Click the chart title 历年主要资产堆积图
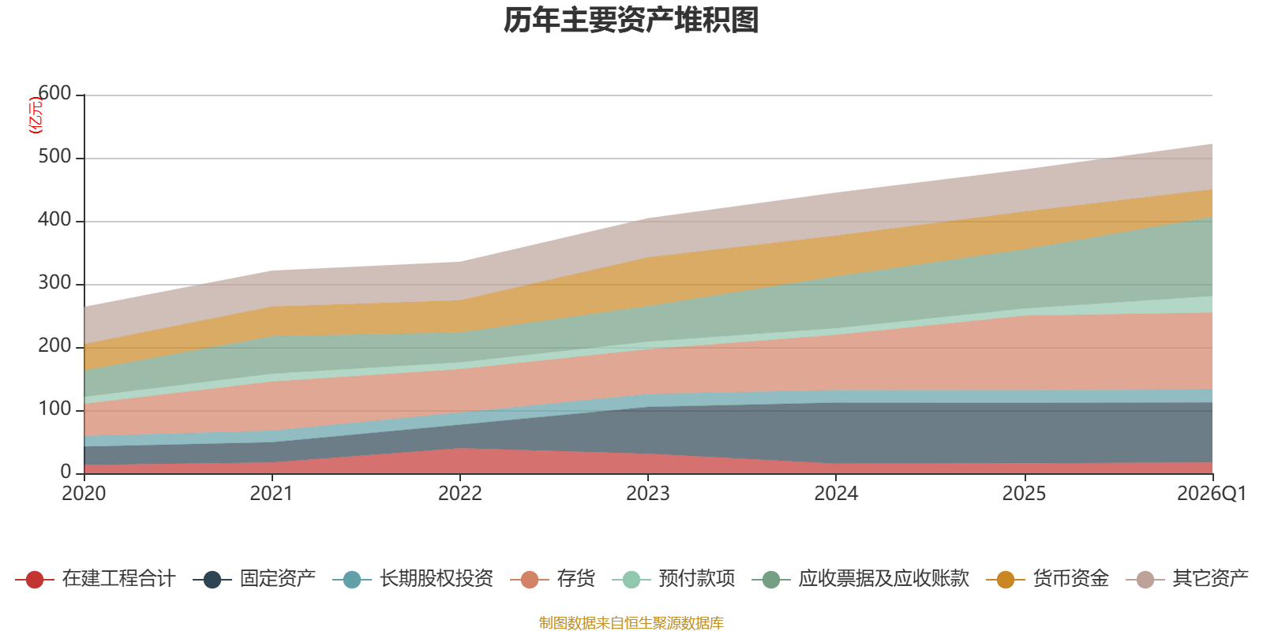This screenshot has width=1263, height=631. click(631, 21)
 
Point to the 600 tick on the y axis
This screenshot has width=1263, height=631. click(54, 93)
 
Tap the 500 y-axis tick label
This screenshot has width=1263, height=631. click(54, 156)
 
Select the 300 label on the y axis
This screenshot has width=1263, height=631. click(54, 282)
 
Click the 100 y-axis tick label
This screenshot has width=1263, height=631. click(54, 409)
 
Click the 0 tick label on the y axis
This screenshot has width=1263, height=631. click(66, 472)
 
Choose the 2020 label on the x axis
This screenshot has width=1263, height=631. click(84, 494)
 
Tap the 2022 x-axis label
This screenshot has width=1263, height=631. click(460, 494)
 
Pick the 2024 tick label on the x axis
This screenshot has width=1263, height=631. click(836, 494)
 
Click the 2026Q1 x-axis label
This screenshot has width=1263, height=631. click(1212, 494)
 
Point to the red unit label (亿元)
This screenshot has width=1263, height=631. click(35, 115)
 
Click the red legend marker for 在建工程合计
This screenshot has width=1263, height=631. click(35, 579)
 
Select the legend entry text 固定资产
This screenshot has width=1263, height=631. click(277, 579)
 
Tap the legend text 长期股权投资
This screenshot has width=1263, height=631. click(437, 579)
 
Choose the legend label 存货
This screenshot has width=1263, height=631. click(575, 579)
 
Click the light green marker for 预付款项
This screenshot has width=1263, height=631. click(631, 579)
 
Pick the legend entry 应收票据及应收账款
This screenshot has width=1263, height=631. click(883, 579)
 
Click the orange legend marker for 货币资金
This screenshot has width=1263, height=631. click(1006, 579)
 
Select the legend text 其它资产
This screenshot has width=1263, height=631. click(1210, 579)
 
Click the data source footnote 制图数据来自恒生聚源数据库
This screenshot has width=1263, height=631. click(631, 622)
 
